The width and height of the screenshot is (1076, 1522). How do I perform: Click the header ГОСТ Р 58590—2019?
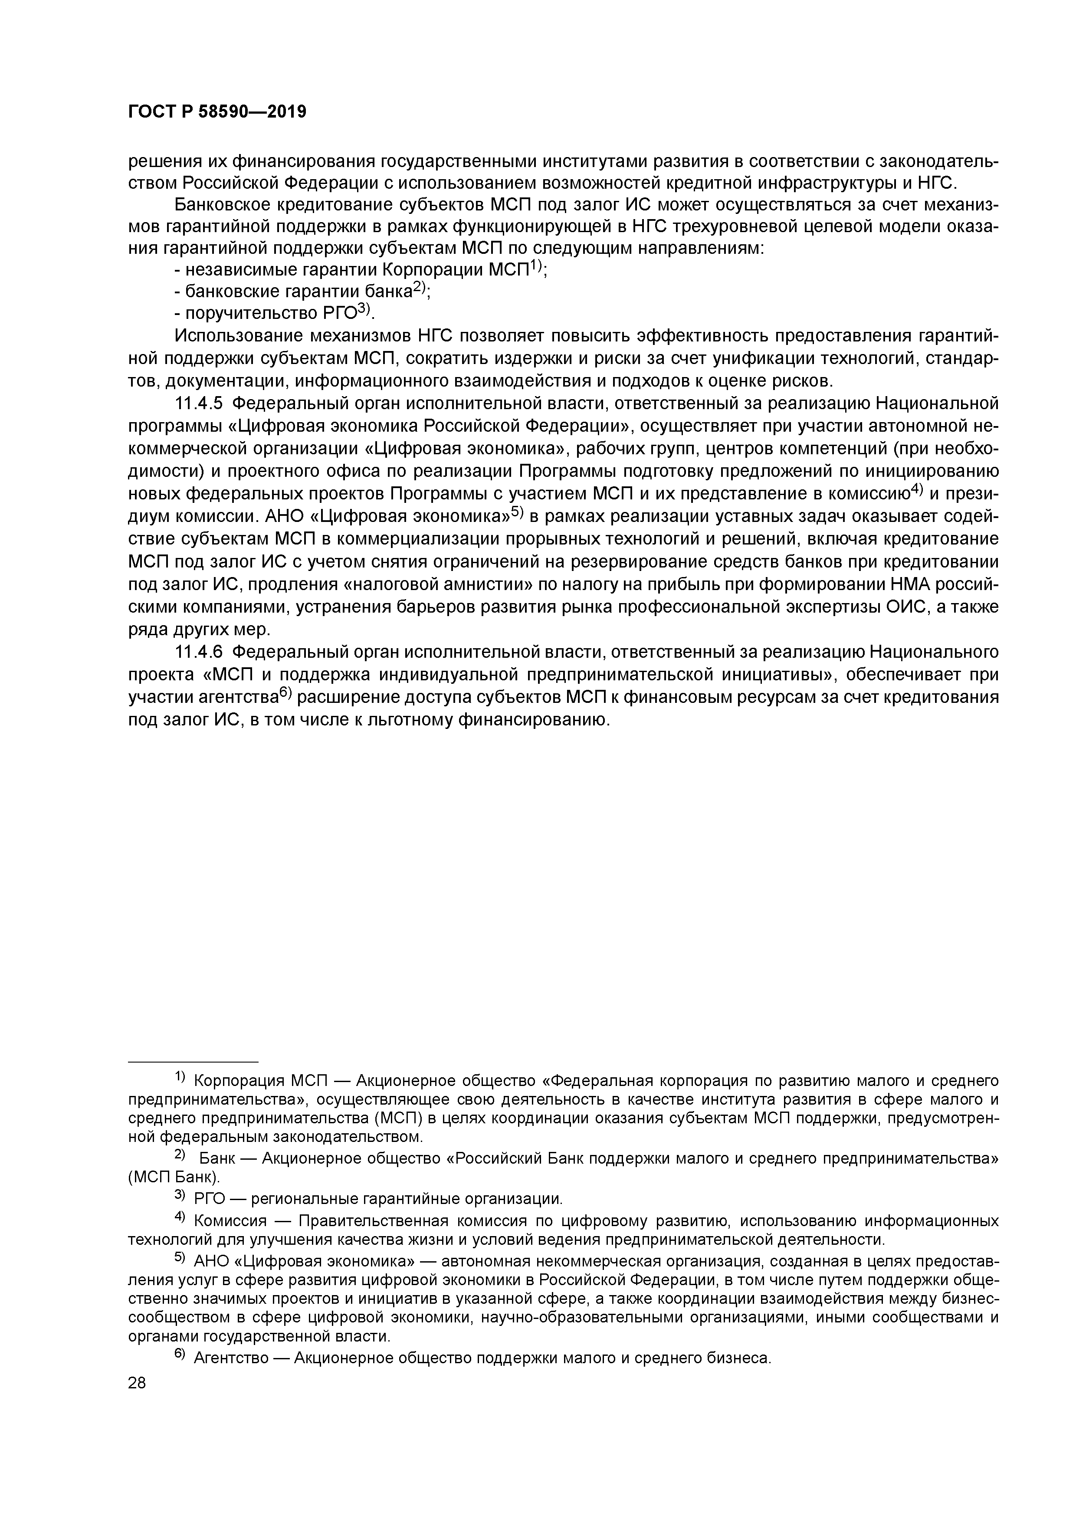click(x=217, y=112)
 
